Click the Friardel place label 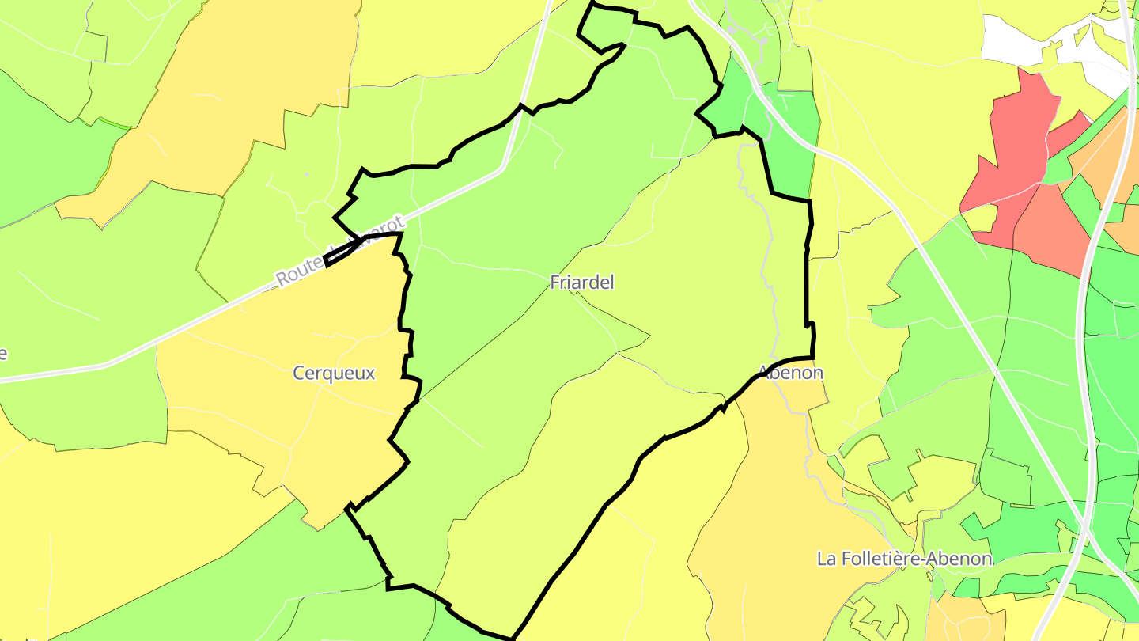click(x=582, y=283)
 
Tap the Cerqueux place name click(x=334, y=373)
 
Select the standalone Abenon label click(x=790, y=372)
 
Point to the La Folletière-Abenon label click(x=904, y=559)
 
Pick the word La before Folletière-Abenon click(x=827, y=559)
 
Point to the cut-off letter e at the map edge click(x=3, y=353)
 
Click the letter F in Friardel click(x=555, y=283)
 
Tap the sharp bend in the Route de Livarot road click(x=503, y=168)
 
